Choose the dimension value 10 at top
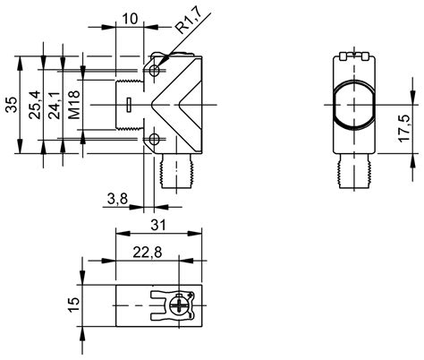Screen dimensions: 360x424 [x=130, y=18]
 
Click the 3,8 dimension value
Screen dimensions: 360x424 [x=116, y=198]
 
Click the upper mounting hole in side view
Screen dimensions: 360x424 [x=156, y=69]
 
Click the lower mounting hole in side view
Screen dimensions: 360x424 [x=156, y=139]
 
